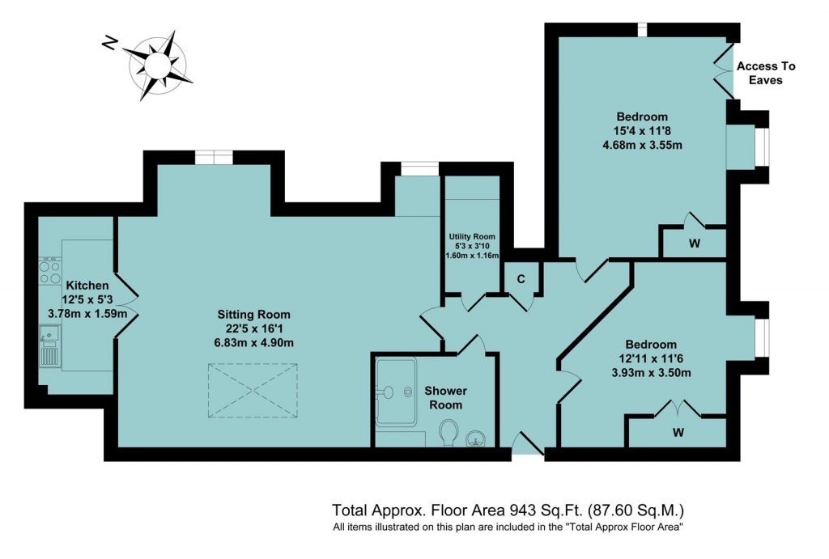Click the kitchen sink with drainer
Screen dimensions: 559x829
49,345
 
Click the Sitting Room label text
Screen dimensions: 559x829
253,315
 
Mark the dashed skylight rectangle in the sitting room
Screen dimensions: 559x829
253,392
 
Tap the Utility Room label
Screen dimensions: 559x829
471,237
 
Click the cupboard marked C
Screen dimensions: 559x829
521,280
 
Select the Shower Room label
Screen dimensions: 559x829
445,398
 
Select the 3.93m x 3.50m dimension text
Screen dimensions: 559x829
645,373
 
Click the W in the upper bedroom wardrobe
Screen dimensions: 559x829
695,242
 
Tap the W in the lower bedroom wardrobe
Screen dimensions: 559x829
678,433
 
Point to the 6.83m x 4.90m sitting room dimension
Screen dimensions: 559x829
253,342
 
